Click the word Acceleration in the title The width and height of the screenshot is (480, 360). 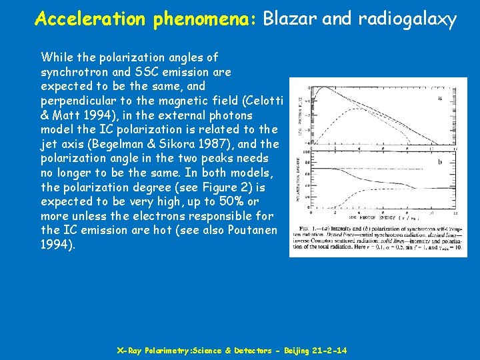tap(90, 19)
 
